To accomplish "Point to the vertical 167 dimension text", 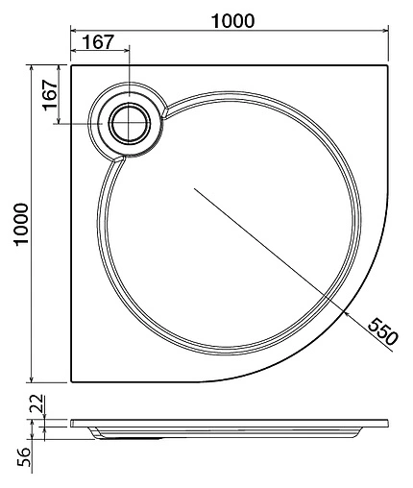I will [x=48, y=95].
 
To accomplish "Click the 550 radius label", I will [x=381, y=332].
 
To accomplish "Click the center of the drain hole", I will [x=127, y=123].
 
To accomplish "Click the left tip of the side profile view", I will [x=71, y=424].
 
